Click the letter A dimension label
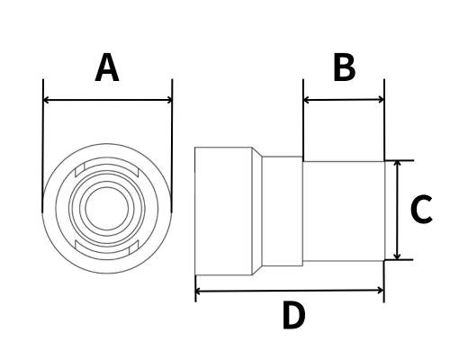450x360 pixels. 107,67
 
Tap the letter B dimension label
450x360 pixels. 345,67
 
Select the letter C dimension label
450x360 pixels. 421,209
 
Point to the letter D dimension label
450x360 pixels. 293,315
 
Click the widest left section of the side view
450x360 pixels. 223,211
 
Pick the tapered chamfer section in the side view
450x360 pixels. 257,211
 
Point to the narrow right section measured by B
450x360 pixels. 344,211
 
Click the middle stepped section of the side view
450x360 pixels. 283,211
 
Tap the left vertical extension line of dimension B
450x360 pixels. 303,120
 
